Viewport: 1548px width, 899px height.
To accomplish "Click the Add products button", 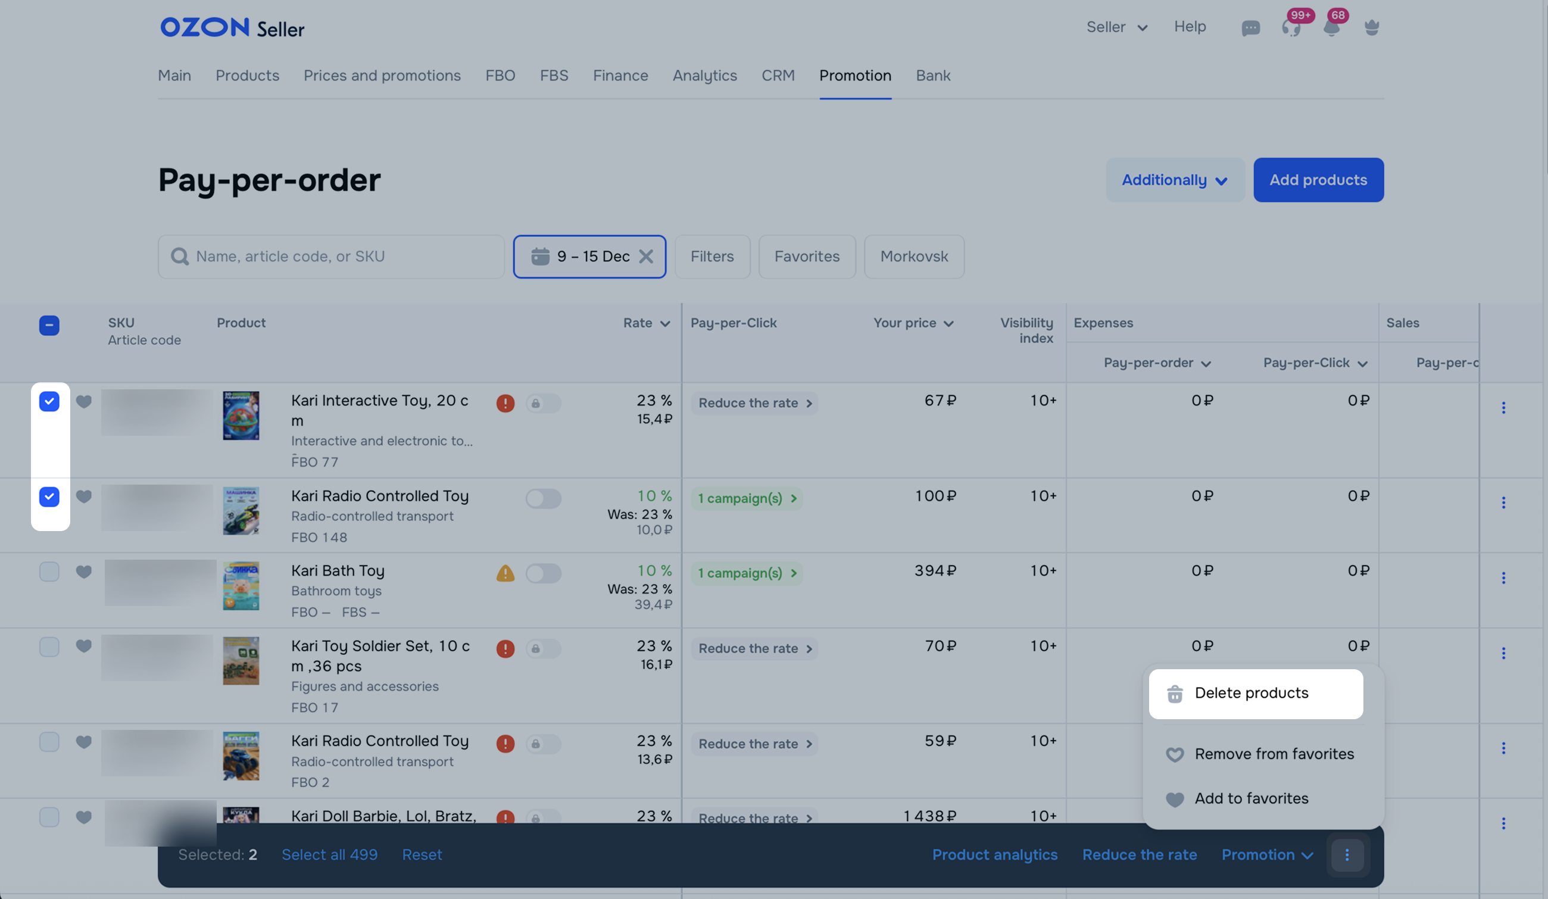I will [x=1318, y=180].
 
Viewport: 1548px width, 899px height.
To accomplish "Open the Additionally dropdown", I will [x=1174, y=180].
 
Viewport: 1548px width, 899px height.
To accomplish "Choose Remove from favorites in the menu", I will [x=1274, y=754].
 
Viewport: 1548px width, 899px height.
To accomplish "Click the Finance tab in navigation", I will [x=620, y=76].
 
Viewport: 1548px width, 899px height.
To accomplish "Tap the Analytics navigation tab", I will [x=704, y=76].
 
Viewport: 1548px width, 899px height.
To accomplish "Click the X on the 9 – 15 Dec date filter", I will [x=645, y=257].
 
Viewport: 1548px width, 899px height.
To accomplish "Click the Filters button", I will [x=711, y=257].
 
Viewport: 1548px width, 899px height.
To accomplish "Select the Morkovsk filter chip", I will [x=913, y=257].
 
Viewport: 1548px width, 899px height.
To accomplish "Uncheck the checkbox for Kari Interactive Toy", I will [x=49, y=402].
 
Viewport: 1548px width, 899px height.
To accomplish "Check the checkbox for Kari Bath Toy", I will [x=49, y=572].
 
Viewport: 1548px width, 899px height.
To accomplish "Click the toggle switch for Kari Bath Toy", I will [x=543, y=573].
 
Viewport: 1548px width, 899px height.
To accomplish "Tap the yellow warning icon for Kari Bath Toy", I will [x=505, y=573].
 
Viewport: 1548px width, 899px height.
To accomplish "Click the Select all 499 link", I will [x=329, y=855].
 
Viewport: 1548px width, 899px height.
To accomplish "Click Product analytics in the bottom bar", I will [x=994, y=855].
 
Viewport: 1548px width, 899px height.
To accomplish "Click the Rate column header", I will [x=645, y=323].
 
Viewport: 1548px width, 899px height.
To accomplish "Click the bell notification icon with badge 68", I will [x=1331, y=27].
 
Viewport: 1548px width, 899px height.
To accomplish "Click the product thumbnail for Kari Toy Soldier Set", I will [x=241, y=661].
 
